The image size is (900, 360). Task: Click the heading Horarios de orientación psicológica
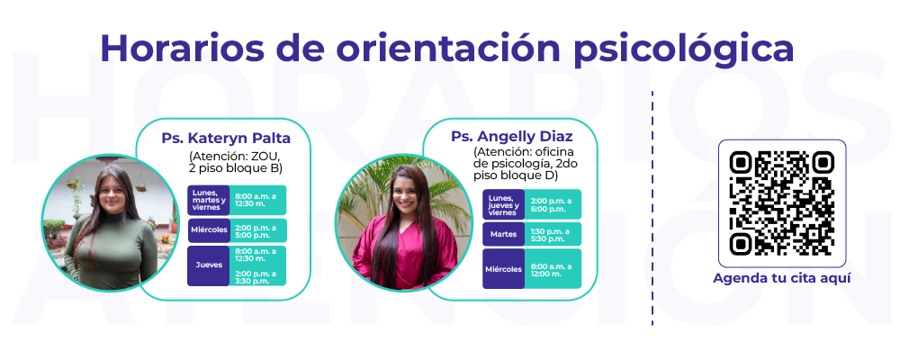pos(446,49)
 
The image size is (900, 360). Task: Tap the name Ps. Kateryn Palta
pos(226,139)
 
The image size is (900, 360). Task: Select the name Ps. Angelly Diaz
pos(512,137)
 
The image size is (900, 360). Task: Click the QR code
pos(782,203)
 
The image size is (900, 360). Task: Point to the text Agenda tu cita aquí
pos(782,278)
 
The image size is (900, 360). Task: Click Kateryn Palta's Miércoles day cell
pos(209,230)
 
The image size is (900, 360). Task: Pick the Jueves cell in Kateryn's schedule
pos(209,265)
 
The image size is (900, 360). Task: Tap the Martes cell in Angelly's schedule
pos(503,234)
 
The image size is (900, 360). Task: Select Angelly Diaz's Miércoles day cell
pos(503,269)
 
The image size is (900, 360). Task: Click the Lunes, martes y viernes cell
pos(209,201)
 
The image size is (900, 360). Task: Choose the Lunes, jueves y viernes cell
pos(503,204)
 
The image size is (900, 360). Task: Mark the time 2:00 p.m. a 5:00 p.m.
pos(253,230)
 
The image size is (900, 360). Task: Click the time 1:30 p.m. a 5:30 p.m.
pos(551,235)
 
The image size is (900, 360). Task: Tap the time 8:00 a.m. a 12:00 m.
pos(551,269)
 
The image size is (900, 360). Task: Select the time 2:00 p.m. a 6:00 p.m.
pos(551,204)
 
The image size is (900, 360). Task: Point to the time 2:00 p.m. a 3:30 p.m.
pos(253,276)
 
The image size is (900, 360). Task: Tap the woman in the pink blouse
pos(405,228)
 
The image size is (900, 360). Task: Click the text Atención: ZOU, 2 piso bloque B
pos(235,162)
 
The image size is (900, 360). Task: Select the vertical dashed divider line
pos(652,208)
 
